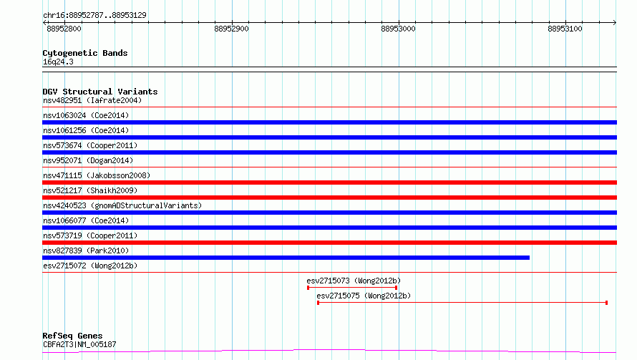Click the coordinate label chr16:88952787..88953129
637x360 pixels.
(x=94, y=16)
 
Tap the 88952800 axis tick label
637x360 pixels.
(x=64, y=29)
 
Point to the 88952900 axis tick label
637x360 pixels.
(x=231, y=29)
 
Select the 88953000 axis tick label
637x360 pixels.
(x=398, y=29)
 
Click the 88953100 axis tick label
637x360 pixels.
(x=565, y=29)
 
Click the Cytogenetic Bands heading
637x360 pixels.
(x=85, y=53)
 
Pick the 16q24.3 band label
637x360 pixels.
(x=58, y=62)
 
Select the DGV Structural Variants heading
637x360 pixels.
(x=100, y=92)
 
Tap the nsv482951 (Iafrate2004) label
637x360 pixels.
(x=92, y=100)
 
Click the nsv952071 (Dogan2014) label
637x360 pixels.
(x=88, y=160)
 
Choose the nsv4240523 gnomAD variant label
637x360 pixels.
(x=122, y=205)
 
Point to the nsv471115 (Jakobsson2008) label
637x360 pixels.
(x=97, y=175)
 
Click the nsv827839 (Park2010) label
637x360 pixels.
(x=86, y=250)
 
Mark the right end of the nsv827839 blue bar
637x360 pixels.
(x=530, y=258)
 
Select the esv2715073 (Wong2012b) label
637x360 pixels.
(x=354, y=281)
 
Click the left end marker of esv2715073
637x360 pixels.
(x=308, y=288)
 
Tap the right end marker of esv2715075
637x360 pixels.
(x=606, y=303)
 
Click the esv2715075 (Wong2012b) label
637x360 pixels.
(x=364, y=296)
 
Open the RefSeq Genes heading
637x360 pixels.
(x=72, y=336)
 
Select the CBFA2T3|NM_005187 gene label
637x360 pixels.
(x=79, y=344)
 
